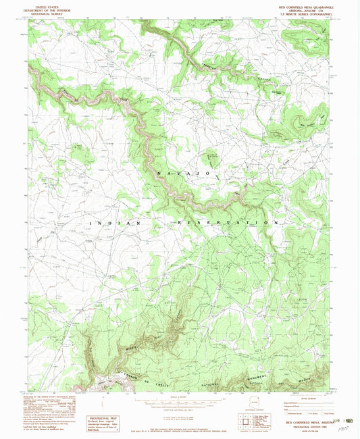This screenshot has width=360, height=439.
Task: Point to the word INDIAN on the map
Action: tap(115, 222)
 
